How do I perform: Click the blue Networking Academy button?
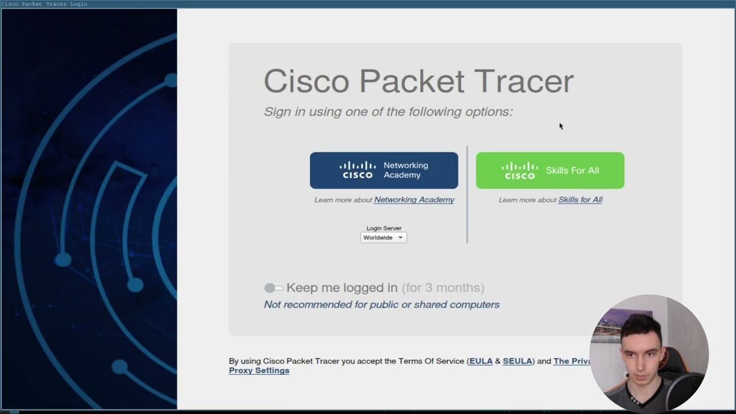point(384,170)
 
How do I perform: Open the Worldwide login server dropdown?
point(384,237)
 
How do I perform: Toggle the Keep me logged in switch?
point(274,287)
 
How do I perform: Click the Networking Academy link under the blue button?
point(414,200)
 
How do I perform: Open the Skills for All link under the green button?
point(580,200)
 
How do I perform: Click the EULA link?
point(481,361)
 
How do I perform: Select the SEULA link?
point(517,361)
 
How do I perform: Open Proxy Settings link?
point(259,371)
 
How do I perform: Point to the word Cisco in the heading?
point(306,81)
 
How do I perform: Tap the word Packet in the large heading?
point(412,81)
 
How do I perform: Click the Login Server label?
point(384,228)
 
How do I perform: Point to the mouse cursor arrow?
point(561,126)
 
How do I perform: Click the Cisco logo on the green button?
point(519,171)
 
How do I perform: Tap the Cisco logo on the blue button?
point(358,170)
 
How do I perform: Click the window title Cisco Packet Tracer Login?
point(44,4)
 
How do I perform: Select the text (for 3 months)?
point(443,287)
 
